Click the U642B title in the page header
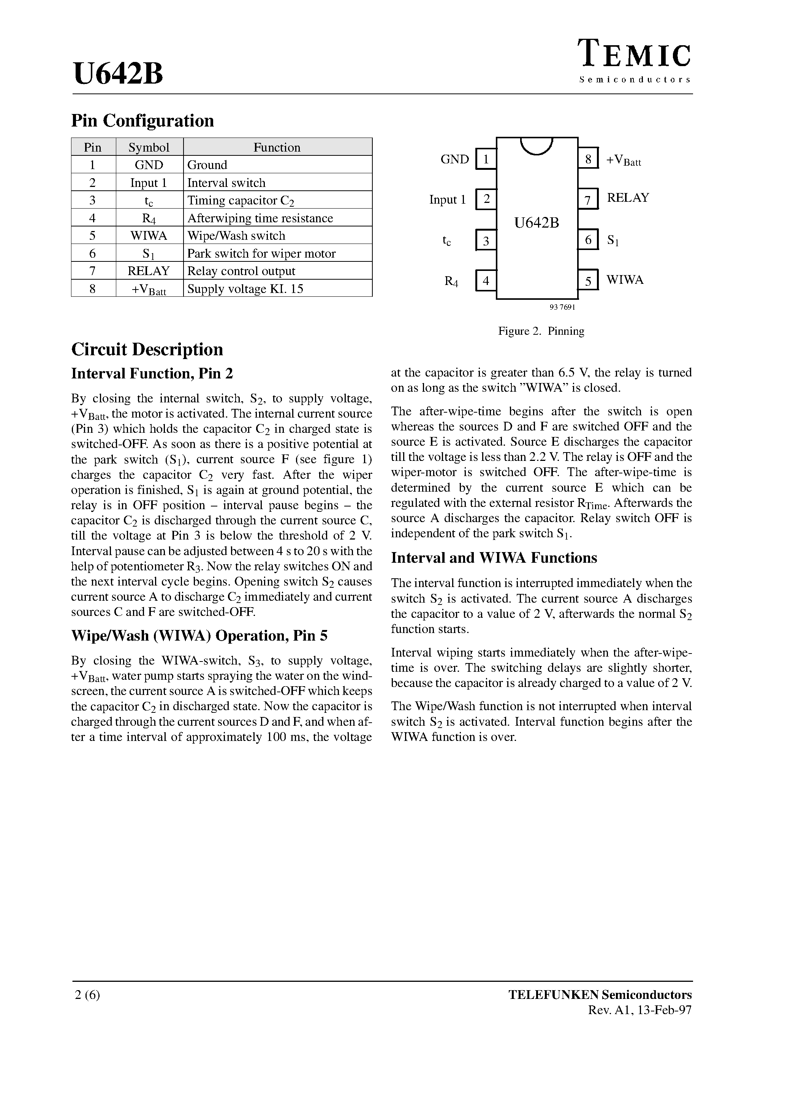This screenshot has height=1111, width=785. (118, 74)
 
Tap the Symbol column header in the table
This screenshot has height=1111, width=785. (149, 147)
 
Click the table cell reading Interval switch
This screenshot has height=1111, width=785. (226, 182)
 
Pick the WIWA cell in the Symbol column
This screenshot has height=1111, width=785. (149, 236)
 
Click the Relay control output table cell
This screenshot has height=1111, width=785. (241, 271)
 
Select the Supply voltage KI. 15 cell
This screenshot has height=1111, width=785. (245, 289)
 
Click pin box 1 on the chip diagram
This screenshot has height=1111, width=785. (486, 159)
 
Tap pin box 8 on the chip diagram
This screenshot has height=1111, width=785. (588, 159)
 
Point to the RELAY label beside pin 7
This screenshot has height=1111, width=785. (628, 198)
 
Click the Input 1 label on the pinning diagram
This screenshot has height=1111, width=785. (447, 199)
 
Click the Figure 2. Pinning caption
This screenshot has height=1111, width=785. (541, 331)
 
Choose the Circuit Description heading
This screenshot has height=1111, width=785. (147, 349)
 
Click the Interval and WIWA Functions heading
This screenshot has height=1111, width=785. (494, 558)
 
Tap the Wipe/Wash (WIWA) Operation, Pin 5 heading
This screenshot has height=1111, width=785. (199, 635)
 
